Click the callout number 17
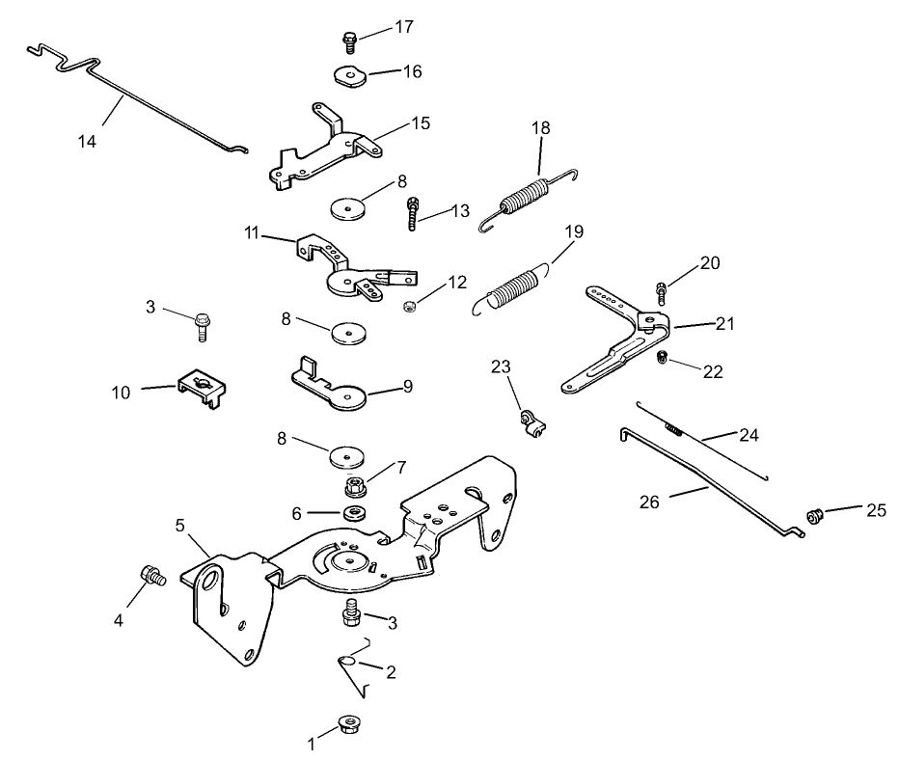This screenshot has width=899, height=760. coord(403,27)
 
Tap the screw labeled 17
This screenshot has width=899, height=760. coord(349,41)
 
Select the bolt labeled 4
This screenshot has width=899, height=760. coord(150,576)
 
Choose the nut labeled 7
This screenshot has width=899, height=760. coord(354,480)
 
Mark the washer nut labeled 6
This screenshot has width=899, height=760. coord(354,510)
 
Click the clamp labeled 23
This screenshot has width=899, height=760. coord(530,421)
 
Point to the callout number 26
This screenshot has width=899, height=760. coord(650,502)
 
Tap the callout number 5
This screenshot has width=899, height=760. coord(179,525)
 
